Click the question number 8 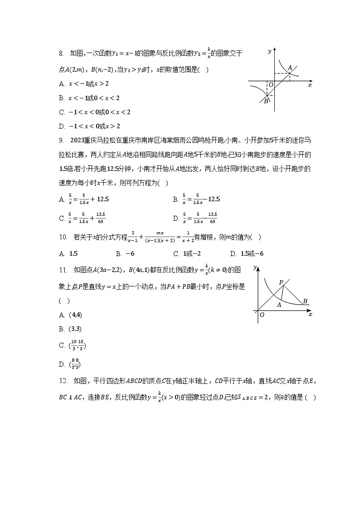point(61,54)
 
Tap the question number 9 point(61,141)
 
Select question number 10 point(63,237)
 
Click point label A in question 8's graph point(290,68)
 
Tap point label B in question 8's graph point(266,101)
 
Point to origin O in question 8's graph point(271,85)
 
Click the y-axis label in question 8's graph point(269,52)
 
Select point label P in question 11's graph point(281,282)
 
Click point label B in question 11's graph point(305,301)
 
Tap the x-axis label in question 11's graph point(310,314)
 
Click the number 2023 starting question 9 point(79,141)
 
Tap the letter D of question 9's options point(176,218)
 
